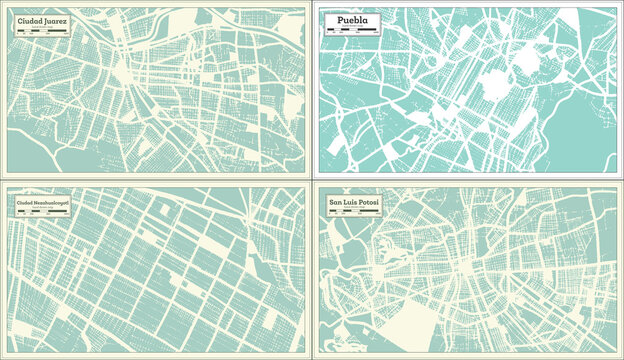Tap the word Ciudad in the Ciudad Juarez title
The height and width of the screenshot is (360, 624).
tap(31, 21)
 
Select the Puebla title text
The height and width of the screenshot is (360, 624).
tap(347, 21)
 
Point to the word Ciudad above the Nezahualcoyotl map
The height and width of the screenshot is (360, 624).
tap(24, 204)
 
